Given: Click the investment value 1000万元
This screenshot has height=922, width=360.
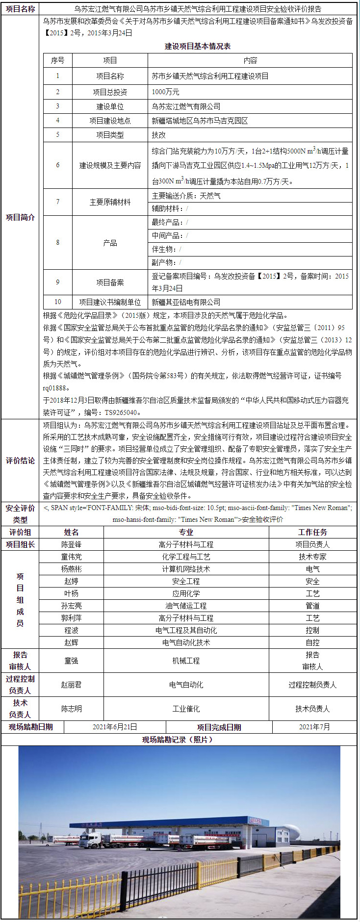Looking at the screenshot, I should coord(166,92).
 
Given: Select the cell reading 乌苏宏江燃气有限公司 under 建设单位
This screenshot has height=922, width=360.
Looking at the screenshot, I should coord(186,106).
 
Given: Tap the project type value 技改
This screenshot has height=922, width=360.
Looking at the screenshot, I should coord(159,135).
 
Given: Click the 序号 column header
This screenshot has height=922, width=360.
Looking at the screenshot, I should coord(57,60).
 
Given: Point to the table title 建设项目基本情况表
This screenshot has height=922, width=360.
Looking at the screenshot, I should coord(198,46).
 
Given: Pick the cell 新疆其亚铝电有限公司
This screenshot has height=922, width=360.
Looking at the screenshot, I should coord(186,302).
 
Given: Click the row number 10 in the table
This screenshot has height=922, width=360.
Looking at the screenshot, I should coord(57,302).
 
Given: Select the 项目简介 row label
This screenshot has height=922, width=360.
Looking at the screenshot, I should coord(20,217).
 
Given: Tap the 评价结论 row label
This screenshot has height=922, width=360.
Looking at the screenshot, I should coord(20,461).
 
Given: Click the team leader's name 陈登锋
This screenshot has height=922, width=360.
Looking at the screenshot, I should coord(71,544).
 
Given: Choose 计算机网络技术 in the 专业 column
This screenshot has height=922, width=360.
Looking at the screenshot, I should coord(186,569).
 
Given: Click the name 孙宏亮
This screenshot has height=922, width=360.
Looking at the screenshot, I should coord(71,606).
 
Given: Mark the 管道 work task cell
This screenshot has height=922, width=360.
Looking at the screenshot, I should coord(312,606).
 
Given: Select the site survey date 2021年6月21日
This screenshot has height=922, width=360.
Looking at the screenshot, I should coord(115,727).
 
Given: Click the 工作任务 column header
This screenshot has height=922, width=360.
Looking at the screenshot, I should coord(312,532).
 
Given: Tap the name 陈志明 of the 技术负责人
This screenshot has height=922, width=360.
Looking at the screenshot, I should coord(71,709).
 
